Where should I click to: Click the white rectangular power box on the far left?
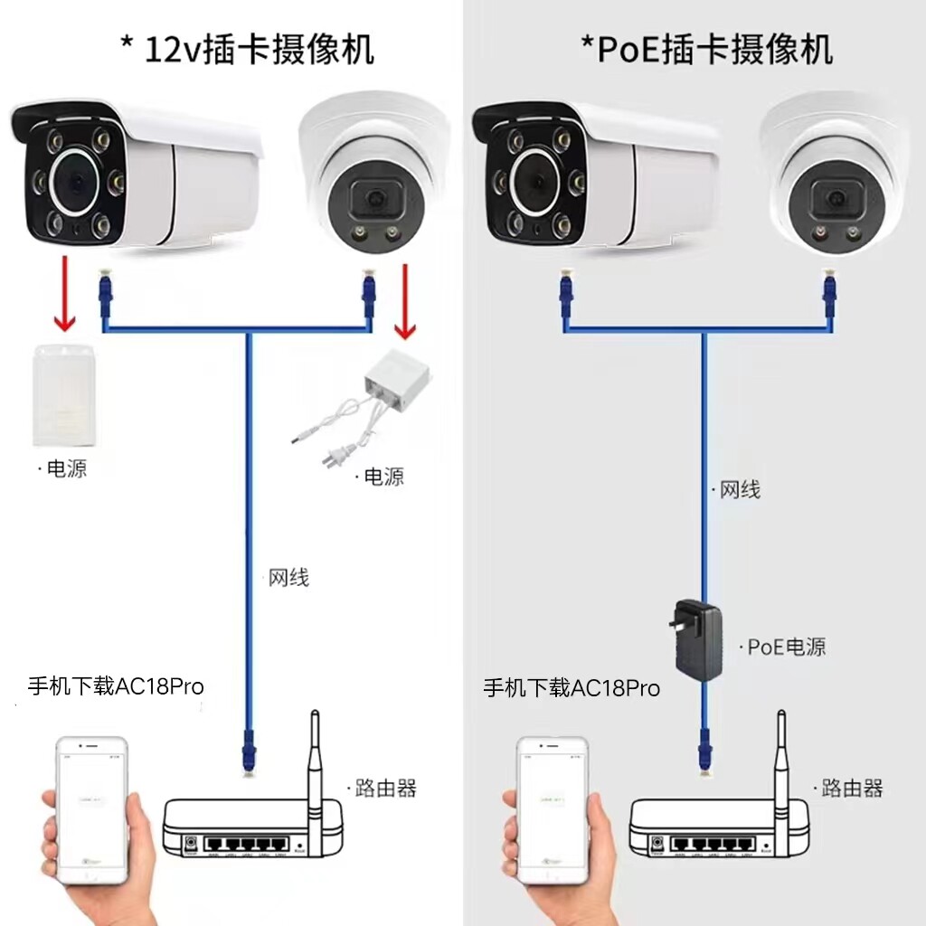point(63,395)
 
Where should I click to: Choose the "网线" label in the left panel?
point(288,578)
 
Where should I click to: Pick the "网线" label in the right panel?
point(738,490)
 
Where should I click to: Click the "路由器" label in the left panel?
point(384,788)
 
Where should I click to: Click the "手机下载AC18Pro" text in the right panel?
point(572,688)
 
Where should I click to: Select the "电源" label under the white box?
point(65,469)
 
